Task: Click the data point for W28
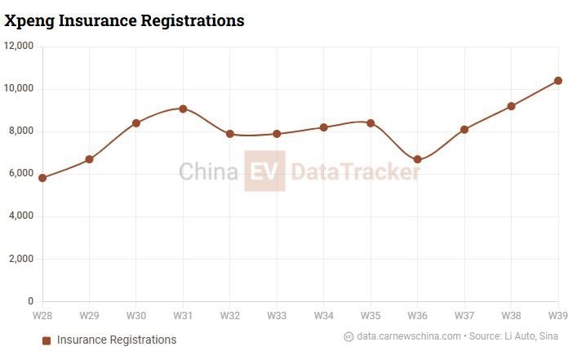tap(42, 177)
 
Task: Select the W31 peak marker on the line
tap(183, 109)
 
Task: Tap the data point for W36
tap(418, 159)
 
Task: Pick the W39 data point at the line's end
tap(558, 81)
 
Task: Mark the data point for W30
tap(136, 123)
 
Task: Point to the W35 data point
tap(371, 123)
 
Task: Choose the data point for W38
tap(512, 106)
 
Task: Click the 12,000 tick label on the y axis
tap(19, 47)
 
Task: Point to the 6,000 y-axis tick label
tap(21, 174)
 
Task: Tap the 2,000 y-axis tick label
tap(21, 259)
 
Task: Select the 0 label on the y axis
tap(31, 301)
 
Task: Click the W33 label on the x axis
tap(277, 315)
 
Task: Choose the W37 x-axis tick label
tap(464, 315)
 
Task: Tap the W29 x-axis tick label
tap(89, 315)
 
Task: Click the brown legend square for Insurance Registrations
tap(47, 340)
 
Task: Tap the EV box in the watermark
tap(264, 171)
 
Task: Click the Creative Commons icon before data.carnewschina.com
tap(348, 336)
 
